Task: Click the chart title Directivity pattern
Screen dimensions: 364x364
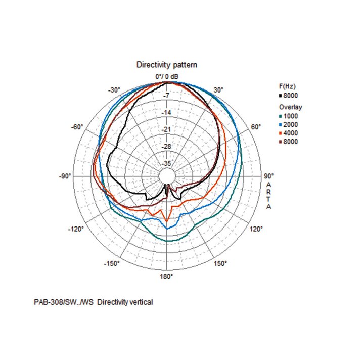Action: [x=167, y=65]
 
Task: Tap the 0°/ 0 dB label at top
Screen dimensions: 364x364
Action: [x=167, y=76]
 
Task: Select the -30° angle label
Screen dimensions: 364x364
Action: [x=114, y=90]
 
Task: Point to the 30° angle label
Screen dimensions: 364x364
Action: [x=218, y=90]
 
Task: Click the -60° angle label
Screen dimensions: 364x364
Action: [x=77, y=127]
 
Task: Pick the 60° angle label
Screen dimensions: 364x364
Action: [x=256, y=127]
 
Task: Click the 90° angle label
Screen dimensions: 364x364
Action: [x=268, y=176]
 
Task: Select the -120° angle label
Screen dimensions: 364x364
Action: [x=76, y=229]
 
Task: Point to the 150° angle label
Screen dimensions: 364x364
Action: [x=221, y=264]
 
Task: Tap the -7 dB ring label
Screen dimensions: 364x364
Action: [x=166, y=96]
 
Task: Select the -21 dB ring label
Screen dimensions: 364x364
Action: [x=166, y=129]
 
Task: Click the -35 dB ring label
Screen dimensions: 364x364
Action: [x=166, y=163]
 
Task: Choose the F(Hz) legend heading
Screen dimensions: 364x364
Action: [x=288, y=86]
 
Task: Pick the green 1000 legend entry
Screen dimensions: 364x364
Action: [x=289, y=116]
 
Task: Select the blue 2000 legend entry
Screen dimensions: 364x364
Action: [x=289, y=124]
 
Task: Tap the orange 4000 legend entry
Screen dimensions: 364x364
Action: [x=289, y=133]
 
